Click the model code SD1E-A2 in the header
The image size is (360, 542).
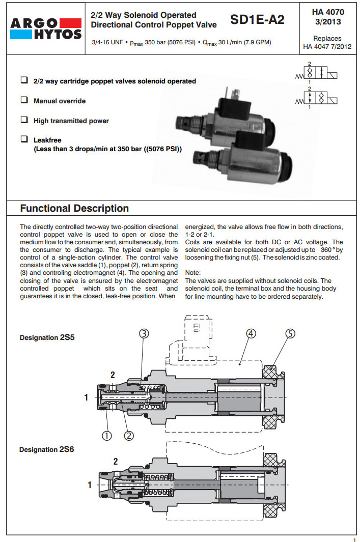(257, 20)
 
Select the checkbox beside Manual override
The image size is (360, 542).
(24, 100)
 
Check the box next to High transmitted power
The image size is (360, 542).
(24, 120)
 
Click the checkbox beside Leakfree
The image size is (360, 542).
(24, 138)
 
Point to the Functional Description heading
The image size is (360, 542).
(74, 208)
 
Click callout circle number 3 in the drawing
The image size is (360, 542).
(144, 333)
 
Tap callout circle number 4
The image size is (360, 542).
(251, 333)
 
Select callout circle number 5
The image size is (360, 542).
(290, 333)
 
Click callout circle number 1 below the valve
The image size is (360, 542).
(106, 435)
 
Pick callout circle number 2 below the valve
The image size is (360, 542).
(129, 435)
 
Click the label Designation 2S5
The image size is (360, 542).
(47, 337)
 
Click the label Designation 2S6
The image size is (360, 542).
(47, 449)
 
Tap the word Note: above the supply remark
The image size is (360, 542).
(193, 273)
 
